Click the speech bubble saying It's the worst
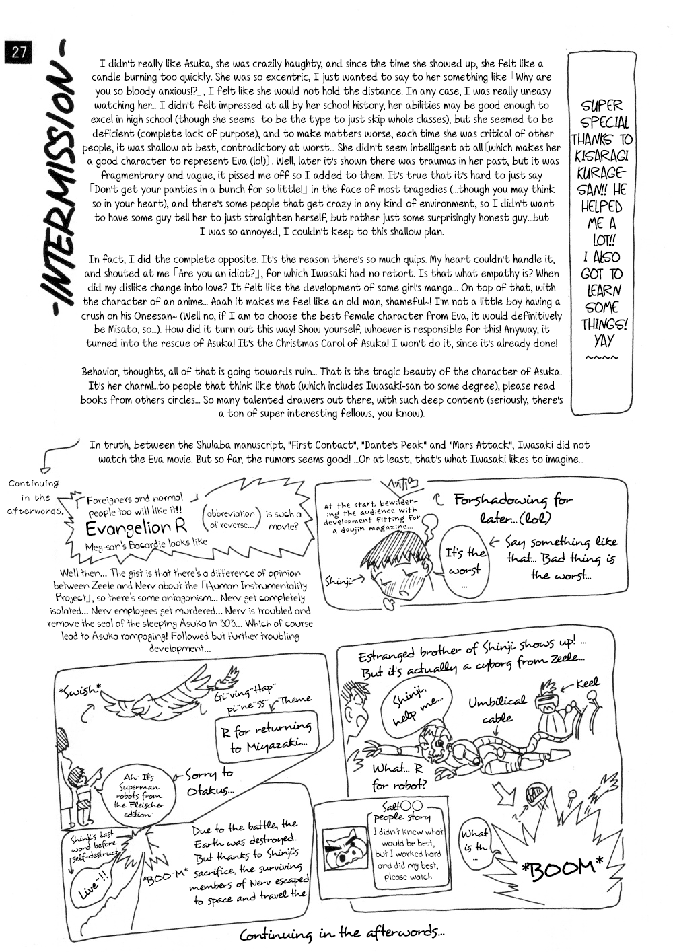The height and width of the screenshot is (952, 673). point(464,560)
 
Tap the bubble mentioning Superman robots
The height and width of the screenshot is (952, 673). point(138,791)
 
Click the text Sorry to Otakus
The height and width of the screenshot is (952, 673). point(209,782)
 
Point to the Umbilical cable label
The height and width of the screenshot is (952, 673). point(498,709)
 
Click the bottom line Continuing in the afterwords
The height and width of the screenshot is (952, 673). point(342,934)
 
